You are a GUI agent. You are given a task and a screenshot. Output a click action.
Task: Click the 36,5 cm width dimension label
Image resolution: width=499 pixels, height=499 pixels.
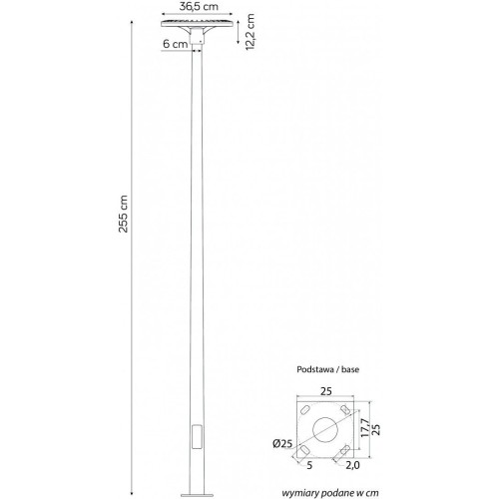coord(199,7)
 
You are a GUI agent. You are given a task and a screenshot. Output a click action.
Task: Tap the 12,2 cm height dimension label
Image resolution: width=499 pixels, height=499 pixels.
coord(249,32)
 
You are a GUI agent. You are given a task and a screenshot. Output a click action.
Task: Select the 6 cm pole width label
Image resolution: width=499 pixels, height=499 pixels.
coord(176,44)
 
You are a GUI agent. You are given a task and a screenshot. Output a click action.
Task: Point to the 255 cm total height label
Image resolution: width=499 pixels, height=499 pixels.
coord(123,214)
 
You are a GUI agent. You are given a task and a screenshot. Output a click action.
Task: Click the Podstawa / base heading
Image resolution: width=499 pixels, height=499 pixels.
coord(327,369)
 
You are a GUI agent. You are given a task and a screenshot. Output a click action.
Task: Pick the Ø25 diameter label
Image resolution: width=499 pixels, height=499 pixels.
coord(282,443)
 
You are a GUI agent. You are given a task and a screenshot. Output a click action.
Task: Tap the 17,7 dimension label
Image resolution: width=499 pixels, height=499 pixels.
coord(364,428)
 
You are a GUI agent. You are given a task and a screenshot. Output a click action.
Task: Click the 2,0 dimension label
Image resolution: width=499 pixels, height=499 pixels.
coord(352,465)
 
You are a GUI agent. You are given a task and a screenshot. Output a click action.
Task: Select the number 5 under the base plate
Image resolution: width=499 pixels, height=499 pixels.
coord(309,465)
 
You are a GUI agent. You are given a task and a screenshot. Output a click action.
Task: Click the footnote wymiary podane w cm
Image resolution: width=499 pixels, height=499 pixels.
coord(330,493)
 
